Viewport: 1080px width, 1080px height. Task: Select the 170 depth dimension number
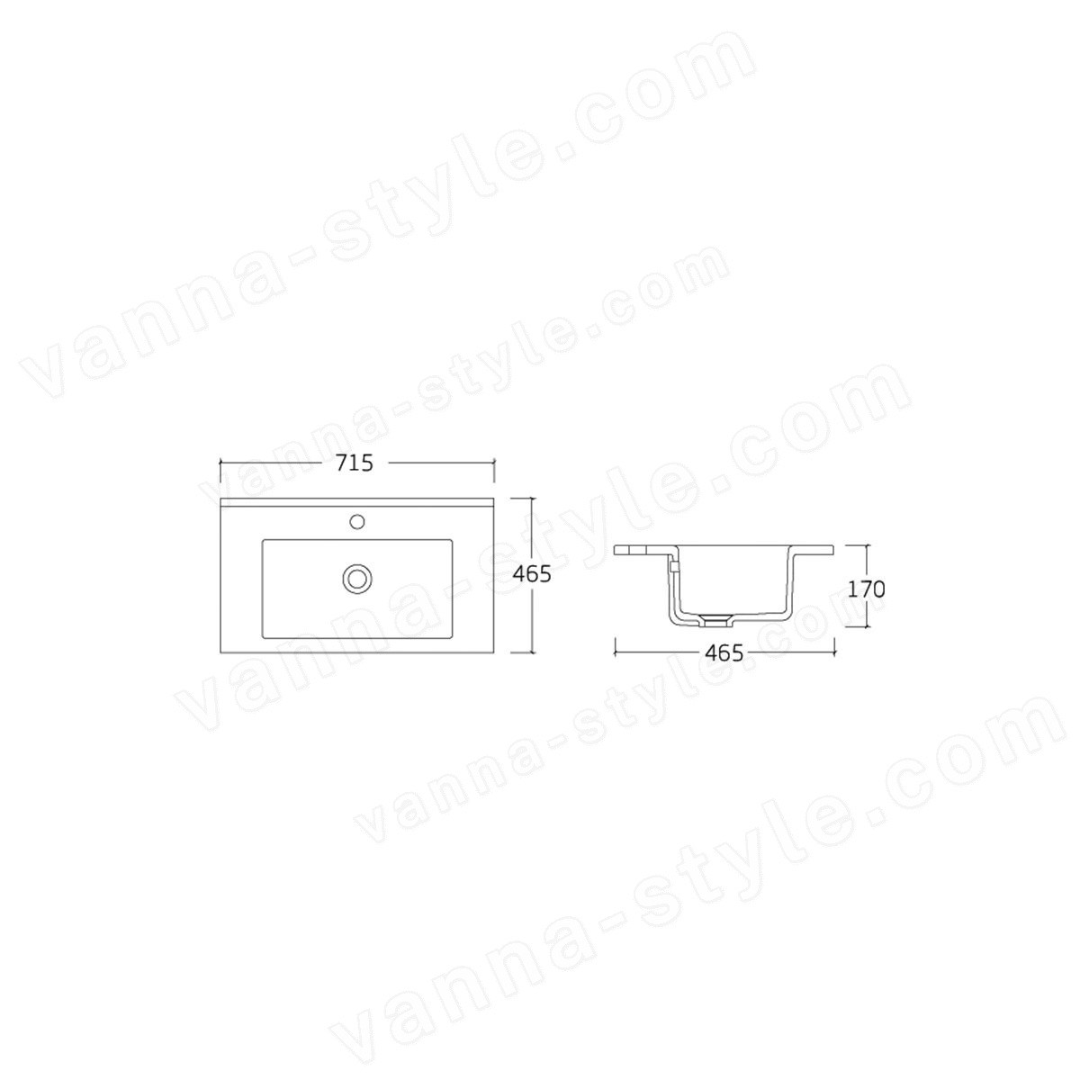866,589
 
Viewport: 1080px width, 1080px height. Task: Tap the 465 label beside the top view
533,574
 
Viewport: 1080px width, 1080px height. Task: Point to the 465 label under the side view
724,652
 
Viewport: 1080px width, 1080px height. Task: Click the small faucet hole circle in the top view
357,521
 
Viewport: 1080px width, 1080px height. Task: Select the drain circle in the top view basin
356,577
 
